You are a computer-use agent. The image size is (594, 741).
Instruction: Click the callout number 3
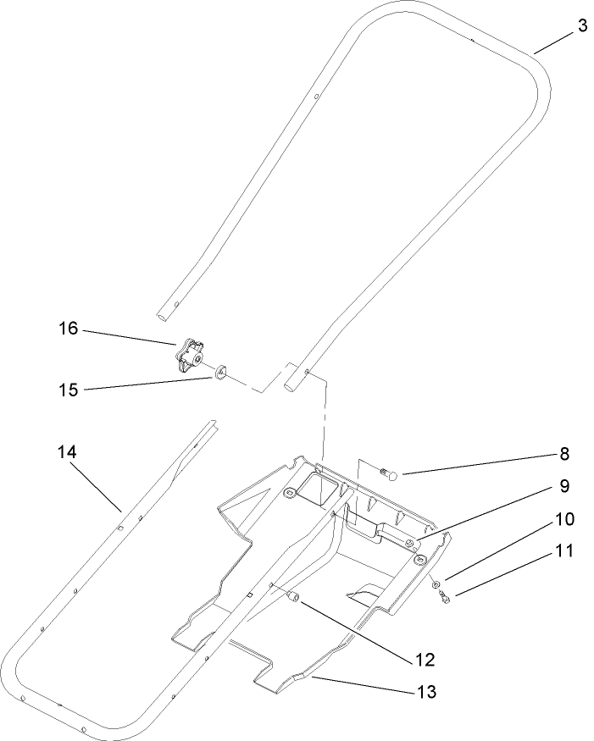tap(582, 26)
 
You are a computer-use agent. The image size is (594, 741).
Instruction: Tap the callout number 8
tap(564, 454)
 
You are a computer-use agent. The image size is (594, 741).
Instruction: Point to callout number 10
tap(564, 518)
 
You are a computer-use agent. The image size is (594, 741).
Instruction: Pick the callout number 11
tap(564, 550)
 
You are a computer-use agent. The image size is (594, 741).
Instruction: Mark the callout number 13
tap(426, 692)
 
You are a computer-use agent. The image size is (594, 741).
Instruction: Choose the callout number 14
tap(67, 453)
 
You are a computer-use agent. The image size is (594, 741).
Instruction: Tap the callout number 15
tap(67, 390)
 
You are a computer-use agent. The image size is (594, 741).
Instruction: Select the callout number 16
tap(67, 328)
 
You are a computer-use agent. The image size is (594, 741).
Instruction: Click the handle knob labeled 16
tap(191, 356)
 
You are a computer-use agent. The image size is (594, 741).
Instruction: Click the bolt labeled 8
tap(391, 474)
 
